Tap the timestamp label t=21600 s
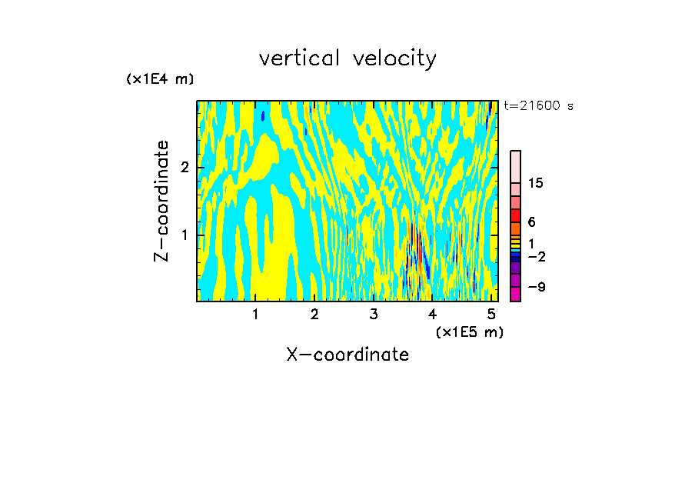coord(538,106)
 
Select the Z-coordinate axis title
coord(161,201)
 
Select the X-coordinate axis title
coord(347,355)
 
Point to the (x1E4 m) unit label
coord(160,78)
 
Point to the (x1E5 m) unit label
coord(469,331)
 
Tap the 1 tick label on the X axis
coord(255,314)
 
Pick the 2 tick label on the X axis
coord(314,314)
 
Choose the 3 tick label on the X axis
coord(374,314)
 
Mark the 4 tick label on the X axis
coord(432,314)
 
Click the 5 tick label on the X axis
coord(491,314)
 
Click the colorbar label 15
coord(536,183)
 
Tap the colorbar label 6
coord(531,222)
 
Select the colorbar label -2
coord(536,256)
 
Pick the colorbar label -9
coord(536,287)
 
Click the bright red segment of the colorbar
coord(515,215)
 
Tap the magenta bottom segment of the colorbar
coord(515,294)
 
